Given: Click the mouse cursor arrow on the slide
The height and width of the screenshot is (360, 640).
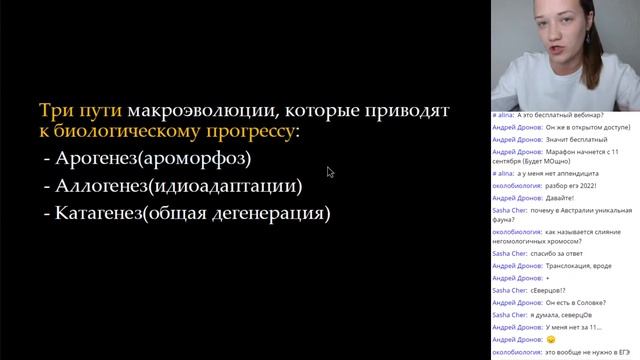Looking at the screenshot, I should (x=329, y=171).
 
